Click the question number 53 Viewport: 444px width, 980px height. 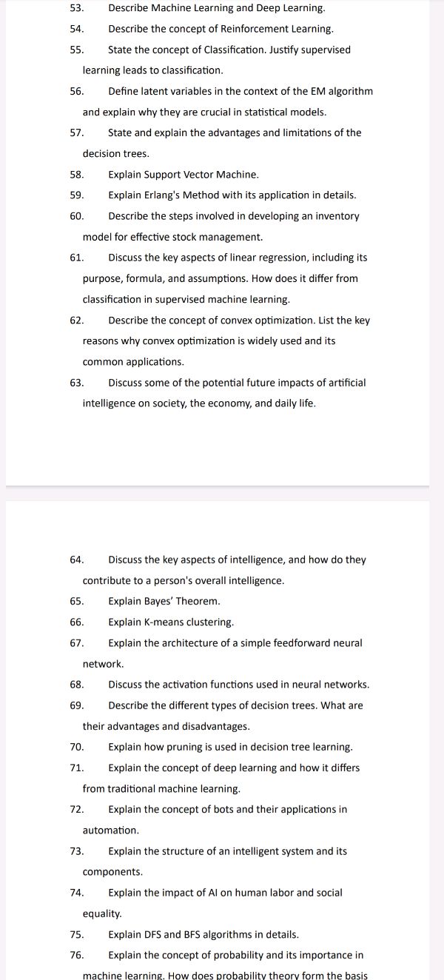(76, 8)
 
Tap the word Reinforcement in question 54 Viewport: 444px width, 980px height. (252, 29)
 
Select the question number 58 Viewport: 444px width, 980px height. (76, 175)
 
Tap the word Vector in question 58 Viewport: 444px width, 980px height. (198, 175)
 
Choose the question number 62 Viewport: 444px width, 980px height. (76, 320)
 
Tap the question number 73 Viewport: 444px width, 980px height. (76, 851)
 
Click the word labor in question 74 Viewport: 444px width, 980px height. (284, 893)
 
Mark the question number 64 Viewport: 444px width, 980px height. (76, 560)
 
